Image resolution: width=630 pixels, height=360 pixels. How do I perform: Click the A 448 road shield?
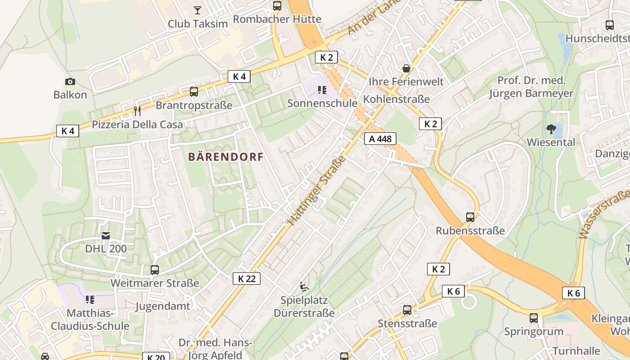tap(380, 139)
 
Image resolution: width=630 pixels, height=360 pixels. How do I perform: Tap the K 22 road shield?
tap(247, 279)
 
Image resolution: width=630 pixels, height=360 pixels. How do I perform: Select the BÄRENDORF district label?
tap(225, 157)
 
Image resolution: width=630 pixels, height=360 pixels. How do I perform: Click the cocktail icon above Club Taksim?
tap(197, 10)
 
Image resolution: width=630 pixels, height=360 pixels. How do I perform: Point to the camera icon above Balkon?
tap(70, 81)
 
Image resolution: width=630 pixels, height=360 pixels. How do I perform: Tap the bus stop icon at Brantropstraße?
tap(193, 92)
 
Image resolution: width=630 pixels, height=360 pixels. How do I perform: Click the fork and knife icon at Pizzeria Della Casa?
tap(137, 111)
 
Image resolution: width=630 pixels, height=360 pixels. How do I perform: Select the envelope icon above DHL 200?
tap(106, 235)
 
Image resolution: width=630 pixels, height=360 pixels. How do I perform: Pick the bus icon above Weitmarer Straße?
tap(154, 270)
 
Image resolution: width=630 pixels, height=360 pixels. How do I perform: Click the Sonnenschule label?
tap(322, 103)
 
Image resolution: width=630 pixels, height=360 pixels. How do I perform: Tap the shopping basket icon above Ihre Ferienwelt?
tap(406, 68)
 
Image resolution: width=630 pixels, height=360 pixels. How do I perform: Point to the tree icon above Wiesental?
tap(551, 129)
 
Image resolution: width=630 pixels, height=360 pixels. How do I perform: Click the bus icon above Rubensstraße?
tap(470, 217)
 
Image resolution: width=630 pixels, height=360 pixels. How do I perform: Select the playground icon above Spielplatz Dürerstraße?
tap(304, 286)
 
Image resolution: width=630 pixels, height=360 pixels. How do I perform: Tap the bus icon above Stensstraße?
tap(407, 310)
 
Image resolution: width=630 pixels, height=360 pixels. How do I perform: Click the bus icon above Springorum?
tap(533, 318)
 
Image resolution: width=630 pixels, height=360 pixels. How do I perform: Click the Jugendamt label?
tap(163, 306)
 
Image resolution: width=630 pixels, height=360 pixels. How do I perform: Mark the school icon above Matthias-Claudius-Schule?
tap(90, 299)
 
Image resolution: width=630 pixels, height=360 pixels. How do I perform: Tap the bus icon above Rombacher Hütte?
tap(277, 6)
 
